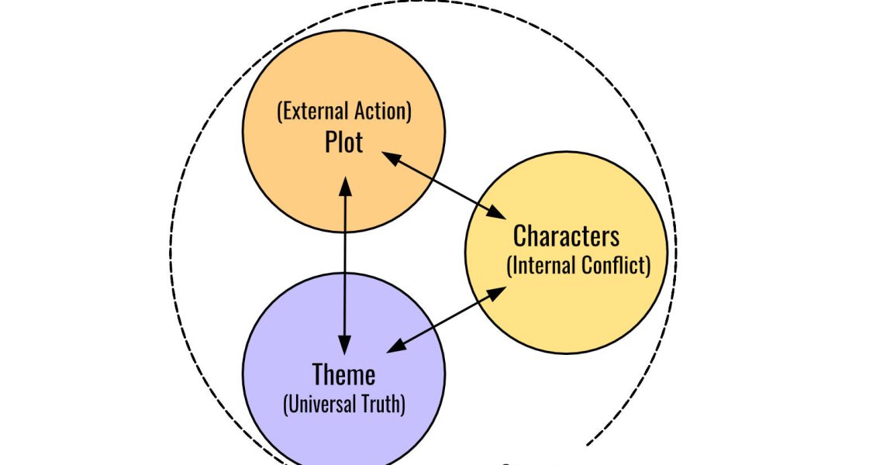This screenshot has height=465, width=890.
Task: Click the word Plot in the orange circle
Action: [x=343, y=142]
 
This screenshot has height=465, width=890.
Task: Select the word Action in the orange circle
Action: [x=380, y=112]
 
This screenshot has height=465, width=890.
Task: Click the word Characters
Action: [x=566, y=236]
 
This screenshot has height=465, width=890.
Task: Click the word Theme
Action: [x=343, y=375]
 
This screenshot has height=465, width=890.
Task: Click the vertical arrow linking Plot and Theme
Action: [x=344, y=263]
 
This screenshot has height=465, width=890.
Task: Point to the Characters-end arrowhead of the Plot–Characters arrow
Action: [x=496, y=212]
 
